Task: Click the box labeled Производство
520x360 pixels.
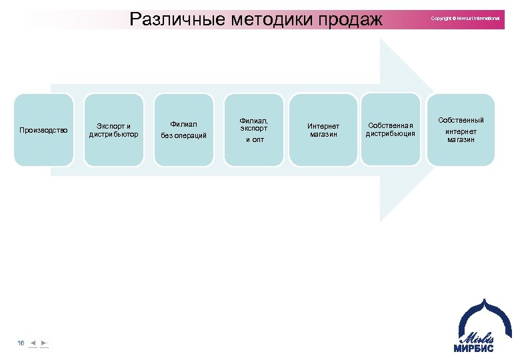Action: [43, 130]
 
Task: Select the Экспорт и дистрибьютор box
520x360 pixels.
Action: [114, 130]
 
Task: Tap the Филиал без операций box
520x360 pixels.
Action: [184, 130]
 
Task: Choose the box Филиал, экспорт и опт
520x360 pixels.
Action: [254, 130]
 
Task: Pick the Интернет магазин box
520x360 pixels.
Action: [323, 130]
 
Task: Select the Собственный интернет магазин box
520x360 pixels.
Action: [461, 130]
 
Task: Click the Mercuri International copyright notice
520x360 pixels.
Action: [465, 18]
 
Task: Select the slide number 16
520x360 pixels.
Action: [21, 343]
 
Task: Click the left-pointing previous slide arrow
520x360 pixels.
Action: [33, 343]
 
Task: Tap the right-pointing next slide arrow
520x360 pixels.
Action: [44, 343]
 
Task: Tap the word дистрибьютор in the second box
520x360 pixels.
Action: [114, 135]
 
